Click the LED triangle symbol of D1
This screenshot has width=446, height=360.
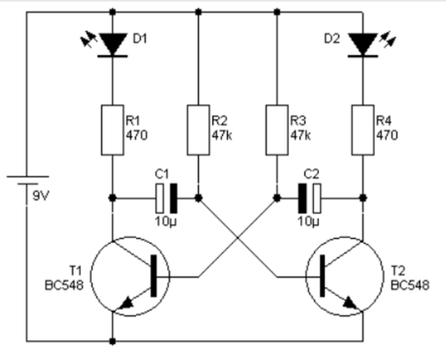pos(112,44)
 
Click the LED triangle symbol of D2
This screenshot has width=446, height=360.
pos(363,44)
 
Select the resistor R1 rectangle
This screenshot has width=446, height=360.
pos(112,130)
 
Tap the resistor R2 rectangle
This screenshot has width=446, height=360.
pos(198,130)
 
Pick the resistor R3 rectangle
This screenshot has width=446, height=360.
pos(277,130)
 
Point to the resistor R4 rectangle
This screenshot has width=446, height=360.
pos(363,130)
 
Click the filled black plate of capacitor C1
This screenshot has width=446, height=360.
pos(173,198)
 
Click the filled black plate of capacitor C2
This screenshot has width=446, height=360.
pos(302,198)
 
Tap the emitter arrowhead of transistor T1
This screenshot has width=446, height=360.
pos(126,304)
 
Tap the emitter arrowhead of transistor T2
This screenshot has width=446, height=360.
pos(350,304)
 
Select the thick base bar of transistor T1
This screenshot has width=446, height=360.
pos(154,276)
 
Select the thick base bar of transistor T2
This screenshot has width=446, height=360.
pos(322,276)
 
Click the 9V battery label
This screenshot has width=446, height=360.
pos(41,196)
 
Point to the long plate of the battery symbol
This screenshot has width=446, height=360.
pos(28,177)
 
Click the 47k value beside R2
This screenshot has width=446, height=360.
pos(222,135)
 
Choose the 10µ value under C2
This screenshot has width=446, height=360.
pos(309,221)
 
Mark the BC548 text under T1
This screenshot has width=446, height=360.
pos(64,285)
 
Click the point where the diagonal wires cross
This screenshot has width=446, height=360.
pos(238,237)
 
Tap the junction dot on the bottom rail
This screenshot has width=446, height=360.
pos(112,341)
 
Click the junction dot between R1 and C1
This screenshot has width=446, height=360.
pos(112,197)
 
